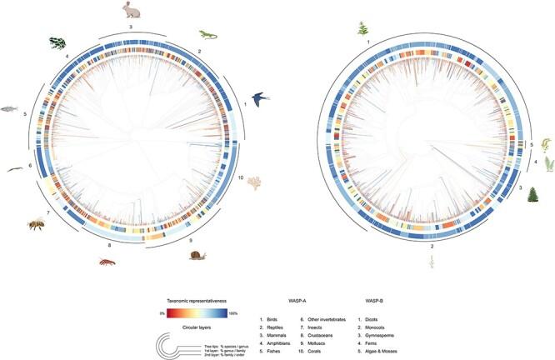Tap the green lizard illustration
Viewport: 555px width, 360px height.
pyautogui.click(x=207, y=35)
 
